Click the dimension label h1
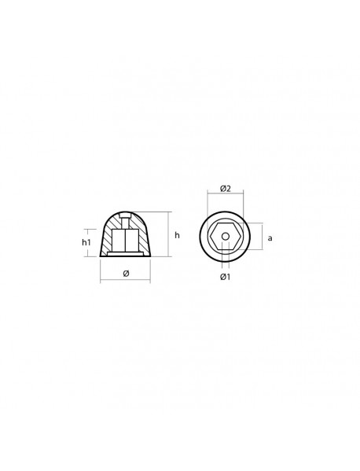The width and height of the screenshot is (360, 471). pyautogui.click(x=86, y=243)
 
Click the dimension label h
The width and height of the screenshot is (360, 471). pyautogui.click(x=177, y=235)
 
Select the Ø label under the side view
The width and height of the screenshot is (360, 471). pyautogui.click(x=126, y=274)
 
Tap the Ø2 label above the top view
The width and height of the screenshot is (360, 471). pyautogui.click(x=225, y=188)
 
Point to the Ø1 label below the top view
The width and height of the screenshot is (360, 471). pyautogui.click(x=225, y=277)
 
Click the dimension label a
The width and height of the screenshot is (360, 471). pyautogui.click(x=270, y=237)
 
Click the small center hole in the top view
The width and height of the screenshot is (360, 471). pyautogui.click(x=225, y=236)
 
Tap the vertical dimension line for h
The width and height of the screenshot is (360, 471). pyautogui.click(x=168, y=234)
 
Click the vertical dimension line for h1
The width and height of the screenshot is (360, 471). pyautogui.click(x=97, y=243)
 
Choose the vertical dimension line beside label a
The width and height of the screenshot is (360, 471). pyautogui.click(x=259, y=237)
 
